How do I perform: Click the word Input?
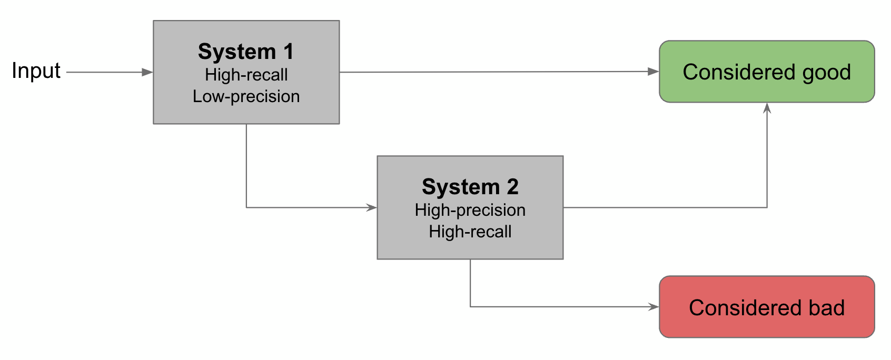click(36, 71)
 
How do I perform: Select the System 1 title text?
click(245, 52)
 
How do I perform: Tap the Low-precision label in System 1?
click(246, 96)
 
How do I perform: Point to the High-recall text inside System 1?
click(246, 75)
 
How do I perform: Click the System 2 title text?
click(470, 187)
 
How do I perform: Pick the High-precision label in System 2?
click(470, 210)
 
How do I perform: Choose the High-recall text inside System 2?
click(470, 232)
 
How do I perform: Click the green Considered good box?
click(766, 72)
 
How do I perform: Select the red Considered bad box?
click(766, 307)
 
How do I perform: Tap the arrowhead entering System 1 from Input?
click(147, 72)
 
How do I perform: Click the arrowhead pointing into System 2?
click(372, 207)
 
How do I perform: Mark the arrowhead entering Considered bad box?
click(654, 307)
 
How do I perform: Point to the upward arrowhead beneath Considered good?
click(767, 108)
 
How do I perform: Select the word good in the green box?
click(826, 73)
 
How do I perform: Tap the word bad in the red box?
click(827, 307)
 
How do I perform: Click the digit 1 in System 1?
click(288, 52)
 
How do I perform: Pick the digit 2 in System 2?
click(512, 187)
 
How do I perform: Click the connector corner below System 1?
click(246, 207)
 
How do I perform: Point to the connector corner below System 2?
click(470, 307)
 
